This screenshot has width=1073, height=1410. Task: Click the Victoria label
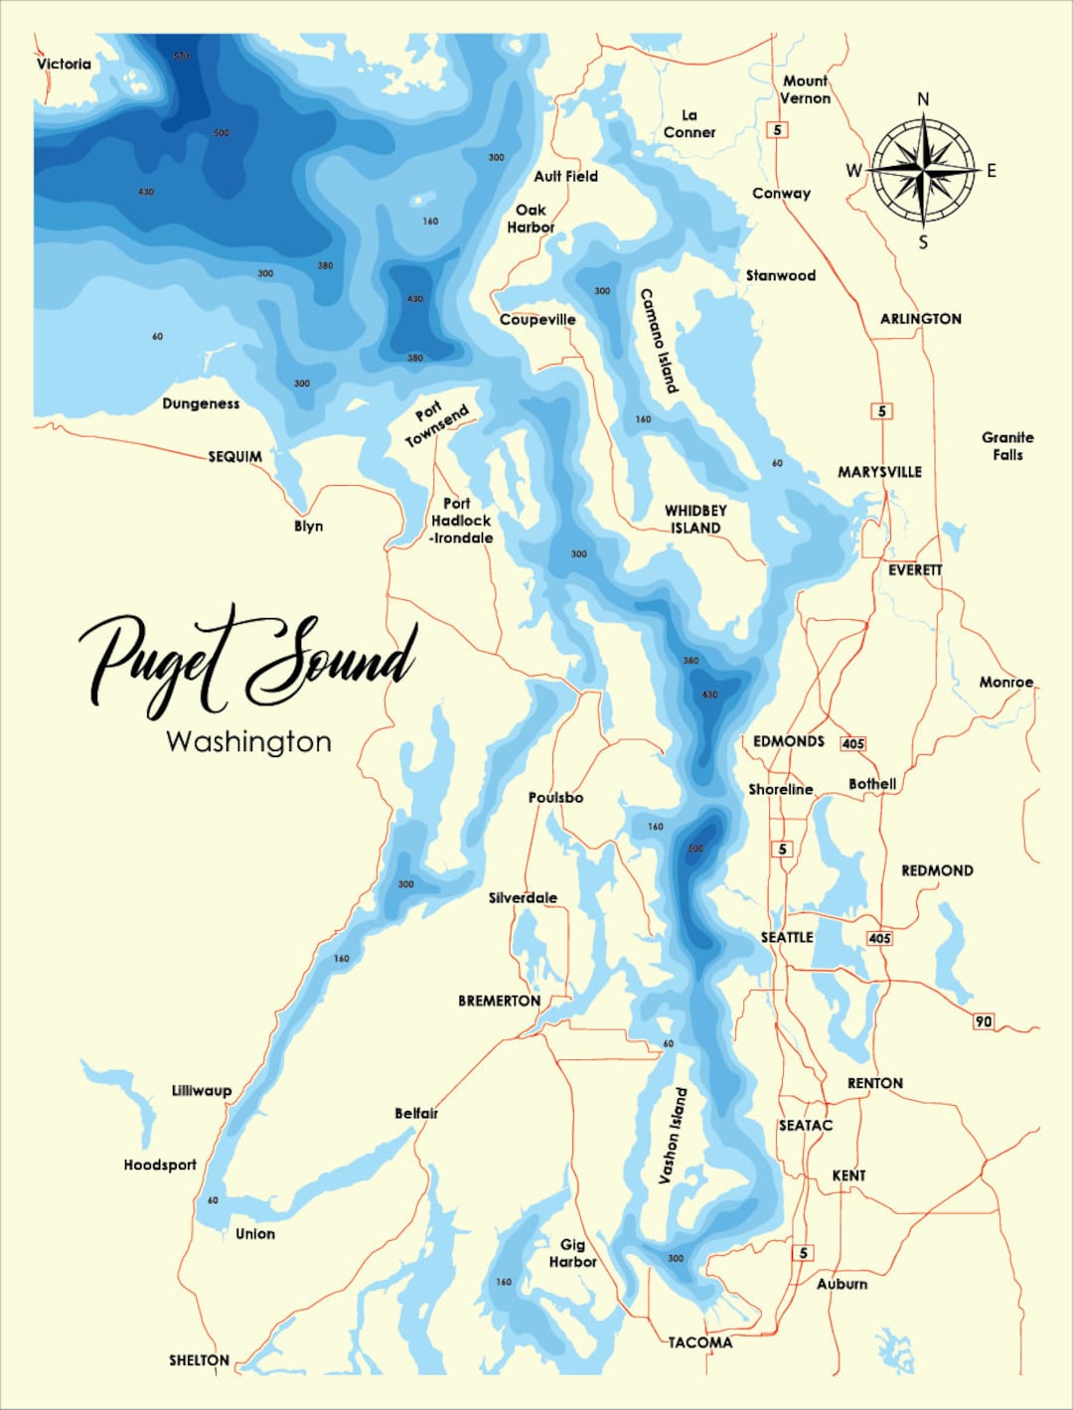(x=64, y=64)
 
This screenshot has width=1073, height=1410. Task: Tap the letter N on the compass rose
(x=923, y=98)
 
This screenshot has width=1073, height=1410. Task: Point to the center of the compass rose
(x=923, y=170)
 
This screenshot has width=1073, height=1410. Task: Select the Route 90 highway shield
(x=983, y=1021)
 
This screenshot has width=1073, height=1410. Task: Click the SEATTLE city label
(x=787, y=937)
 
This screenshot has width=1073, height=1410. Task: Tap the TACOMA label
(x=699, y=1342)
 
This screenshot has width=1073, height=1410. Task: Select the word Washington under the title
(x=248, y=742)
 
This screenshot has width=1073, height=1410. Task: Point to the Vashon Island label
(x=673, y=1135)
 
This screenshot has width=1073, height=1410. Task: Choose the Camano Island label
(x=658, y=341)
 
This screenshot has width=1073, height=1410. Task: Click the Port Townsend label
(x=436, y=425)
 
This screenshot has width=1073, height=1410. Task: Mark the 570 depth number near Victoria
(x=181, y=57)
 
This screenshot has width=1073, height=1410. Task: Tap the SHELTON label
(x=199, y=1359)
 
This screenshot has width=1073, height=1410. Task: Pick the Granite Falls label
(x=1007, y=445)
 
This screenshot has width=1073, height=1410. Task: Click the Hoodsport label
(x=160, y=1165)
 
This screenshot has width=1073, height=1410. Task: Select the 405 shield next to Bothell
(x=852, y=743)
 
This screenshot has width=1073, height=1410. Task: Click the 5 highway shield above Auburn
(x=803, y=1253)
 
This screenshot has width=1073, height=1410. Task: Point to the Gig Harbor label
(x=572, y=1252)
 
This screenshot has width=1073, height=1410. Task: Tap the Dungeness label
(x=201, y=403)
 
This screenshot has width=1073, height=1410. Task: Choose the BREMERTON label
(x=499, y=1001)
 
